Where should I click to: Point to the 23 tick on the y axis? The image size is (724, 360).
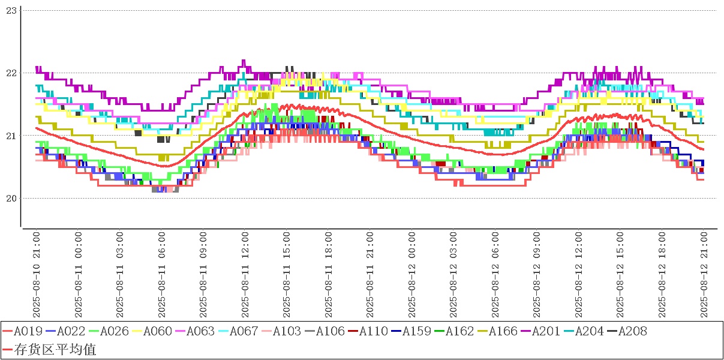pyautogui.click(x=10, y=10)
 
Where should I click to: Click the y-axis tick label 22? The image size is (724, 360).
pyautogui.click(x=10, y=73)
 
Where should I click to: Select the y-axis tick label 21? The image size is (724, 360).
pyautogui.click(x=10, y=136)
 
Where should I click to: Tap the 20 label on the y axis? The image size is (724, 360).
pyautogui.click(x=10, y=199)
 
